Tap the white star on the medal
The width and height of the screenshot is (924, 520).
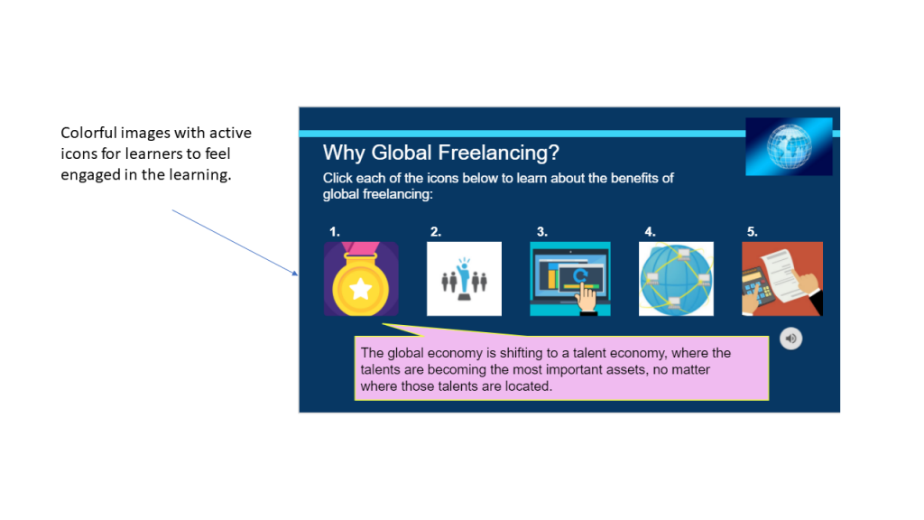pos(360,289)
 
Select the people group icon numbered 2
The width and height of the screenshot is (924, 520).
pos(464,279)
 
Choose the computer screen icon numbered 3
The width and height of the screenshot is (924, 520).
pos(569,279)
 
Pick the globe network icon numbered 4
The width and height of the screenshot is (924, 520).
pos(676,279)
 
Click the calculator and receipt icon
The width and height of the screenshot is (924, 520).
pos(782,279)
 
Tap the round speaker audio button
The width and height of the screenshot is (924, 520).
pos(790,339)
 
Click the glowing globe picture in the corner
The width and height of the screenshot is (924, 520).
pos(789,146)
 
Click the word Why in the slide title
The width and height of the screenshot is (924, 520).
pos(344,153)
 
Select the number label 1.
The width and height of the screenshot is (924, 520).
pos(334,232)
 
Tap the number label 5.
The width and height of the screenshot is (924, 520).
pos(752,232)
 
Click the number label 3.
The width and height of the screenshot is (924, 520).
pos(541,232)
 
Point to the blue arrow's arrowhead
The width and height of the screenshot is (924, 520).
pos(296,274)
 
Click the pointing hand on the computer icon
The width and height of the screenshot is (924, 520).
pos(587,299)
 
